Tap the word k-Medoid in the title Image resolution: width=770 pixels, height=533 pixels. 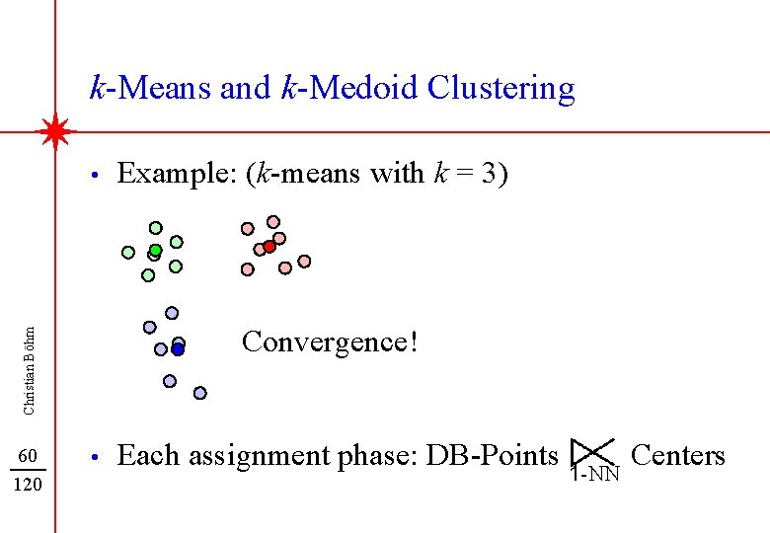[350, 88]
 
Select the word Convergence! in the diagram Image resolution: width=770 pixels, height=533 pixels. [330, 343]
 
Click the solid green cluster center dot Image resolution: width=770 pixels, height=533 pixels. [155, 251]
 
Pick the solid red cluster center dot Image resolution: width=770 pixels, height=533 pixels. [269, 247]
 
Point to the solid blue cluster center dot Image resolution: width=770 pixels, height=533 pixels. [178, 348]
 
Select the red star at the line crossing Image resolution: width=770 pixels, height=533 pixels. [55, 131]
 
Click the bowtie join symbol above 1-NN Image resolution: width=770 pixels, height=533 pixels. [593, 452]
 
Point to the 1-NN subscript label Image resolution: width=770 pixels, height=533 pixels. [595, 476]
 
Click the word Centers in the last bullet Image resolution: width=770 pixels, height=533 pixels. [677, 455]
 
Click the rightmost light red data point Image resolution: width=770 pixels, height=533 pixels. [304, 262]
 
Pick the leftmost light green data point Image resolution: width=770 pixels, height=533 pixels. [128, 252]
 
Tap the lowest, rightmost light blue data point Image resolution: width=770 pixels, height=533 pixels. [199, 393]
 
